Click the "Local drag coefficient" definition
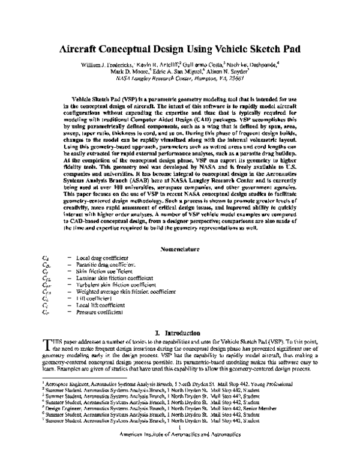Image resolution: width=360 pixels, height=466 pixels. point(103,257)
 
